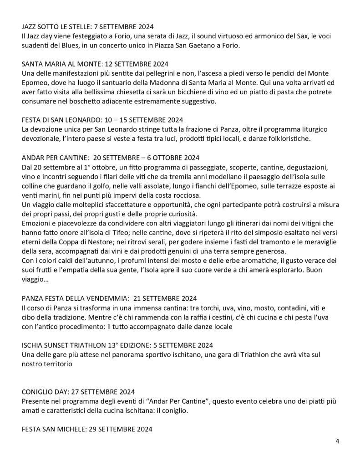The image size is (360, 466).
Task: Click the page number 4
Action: [337, 441]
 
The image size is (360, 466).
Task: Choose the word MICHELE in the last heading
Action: [69, 429]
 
